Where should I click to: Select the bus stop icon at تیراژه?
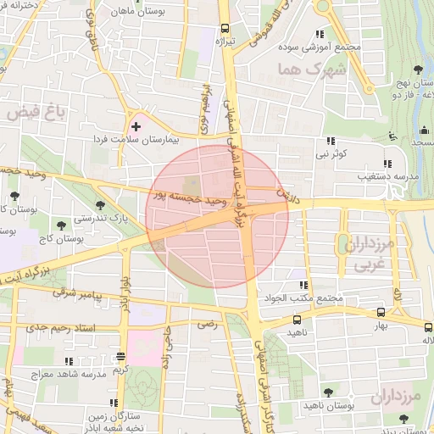click(x=224, y=26)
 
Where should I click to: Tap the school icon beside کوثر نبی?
click(x=330, y=142)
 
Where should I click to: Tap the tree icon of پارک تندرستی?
click(x=100, y=204)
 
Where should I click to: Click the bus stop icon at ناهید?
click(x=297, y=320)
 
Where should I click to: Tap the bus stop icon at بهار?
click(x=381, y=311)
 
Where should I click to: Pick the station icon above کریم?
click(x=120, y=356)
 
